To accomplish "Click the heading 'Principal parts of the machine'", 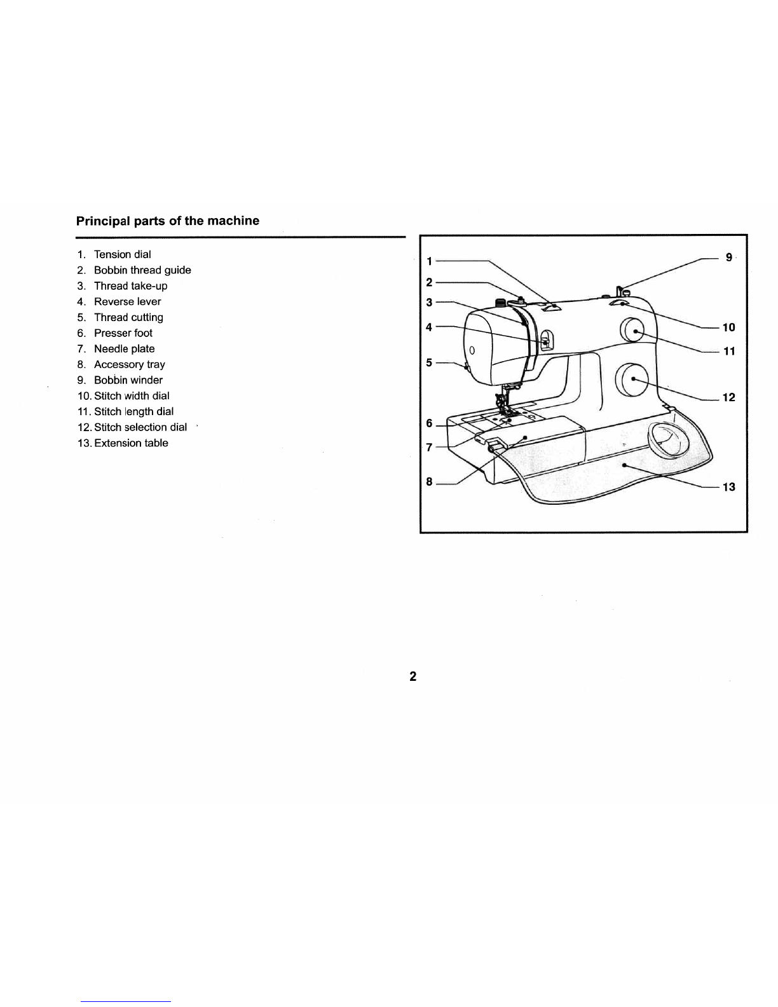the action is click(x=168, y=221).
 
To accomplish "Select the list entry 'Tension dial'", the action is click(x=122, y=254).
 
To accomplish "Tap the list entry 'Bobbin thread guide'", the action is click(x=142, y=270).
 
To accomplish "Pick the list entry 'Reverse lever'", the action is click(x=127, y=301).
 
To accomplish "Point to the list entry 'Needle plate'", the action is click(x=124, y=348).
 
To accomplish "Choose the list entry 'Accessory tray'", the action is click(x=129, y=364).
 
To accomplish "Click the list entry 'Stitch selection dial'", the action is click(x=140, y=427).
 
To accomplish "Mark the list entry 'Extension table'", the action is click(x=131, y=443).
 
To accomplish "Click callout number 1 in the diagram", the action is click(x=430, y=261).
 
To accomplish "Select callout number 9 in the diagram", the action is click(x=729, y=257).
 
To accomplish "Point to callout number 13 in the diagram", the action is click(x=729, y=487).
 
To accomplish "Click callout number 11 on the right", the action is click(x=729, y=351).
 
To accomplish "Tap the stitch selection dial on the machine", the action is click(x=632, y=379).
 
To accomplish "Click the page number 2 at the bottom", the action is click(x=413, y=676).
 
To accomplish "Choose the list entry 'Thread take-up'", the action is click(x=130, y=286).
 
